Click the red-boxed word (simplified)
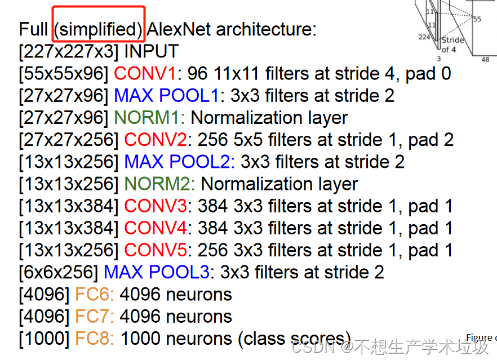(x=99, y=29)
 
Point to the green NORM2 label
(x=159, y=184)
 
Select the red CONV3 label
(x=156, y=206)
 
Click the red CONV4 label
(x=156, y=228)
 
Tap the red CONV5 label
(x=156, y=250)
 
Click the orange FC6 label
(x=94, y=294)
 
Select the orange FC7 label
(x=94, y=317)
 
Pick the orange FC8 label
(x=94, y=339)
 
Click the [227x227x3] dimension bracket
(x=68, y=51)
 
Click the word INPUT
(x=151, y=51)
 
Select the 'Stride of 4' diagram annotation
(x=452, y=45)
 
